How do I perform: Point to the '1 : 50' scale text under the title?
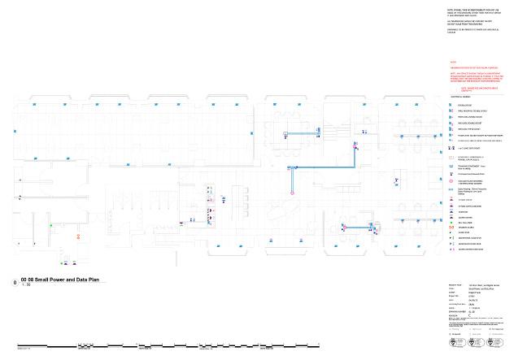coord(26,285)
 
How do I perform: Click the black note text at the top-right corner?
coord(472,17)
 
